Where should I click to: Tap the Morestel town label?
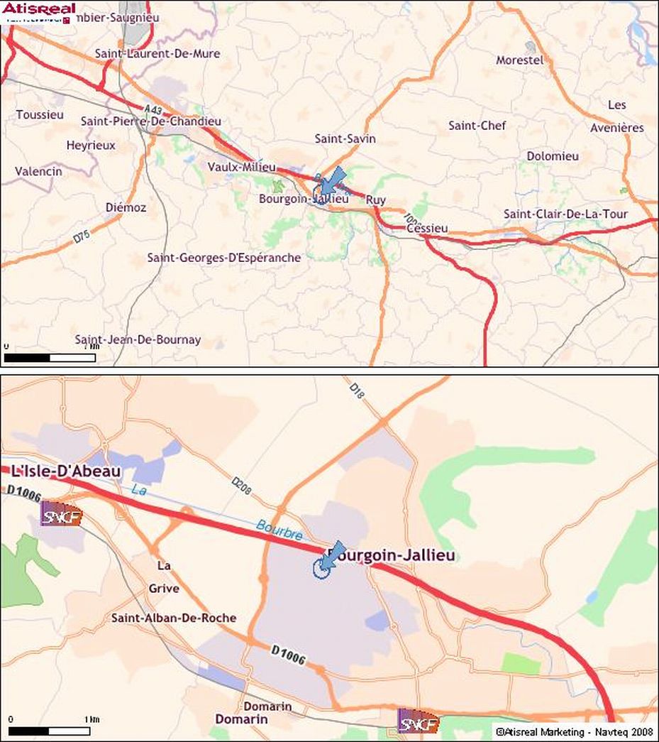(x=519, y=60)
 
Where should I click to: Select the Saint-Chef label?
(x=477, y=126)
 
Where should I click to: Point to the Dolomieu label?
(x=553, y=156)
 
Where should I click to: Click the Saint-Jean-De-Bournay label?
(x=138, y=339)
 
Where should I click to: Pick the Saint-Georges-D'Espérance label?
(x=223, y=258)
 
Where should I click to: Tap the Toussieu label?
(x=40, y=114)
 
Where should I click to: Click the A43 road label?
(x=153, y=111)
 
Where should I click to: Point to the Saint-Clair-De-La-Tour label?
(x=565, y=214)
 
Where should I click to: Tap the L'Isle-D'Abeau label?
(x=66, y=471)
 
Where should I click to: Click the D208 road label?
(x=242, y=488)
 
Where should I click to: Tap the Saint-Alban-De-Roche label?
(x=174, y=618)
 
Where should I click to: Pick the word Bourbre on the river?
(x=279, y=530)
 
